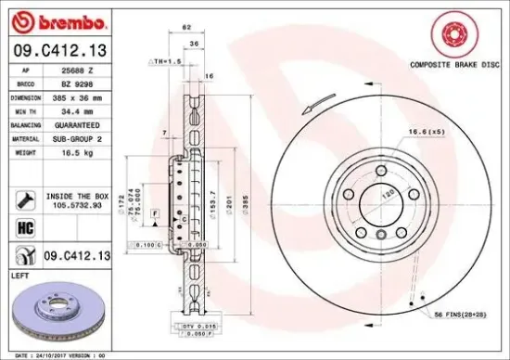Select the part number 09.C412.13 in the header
(x=61, y=50)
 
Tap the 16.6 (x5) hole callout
(x=427, y=133)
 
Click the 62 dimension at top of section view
(x=187, y=30)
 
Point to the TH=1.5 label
(x=166, y=60)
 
